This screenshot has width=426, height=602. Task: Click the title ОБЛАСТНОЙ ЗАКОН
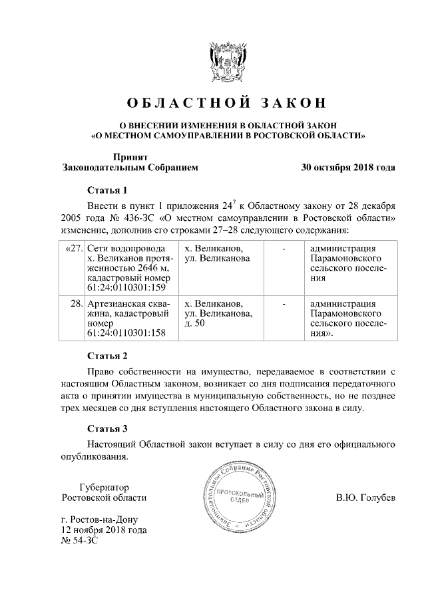click(x=227, y=103)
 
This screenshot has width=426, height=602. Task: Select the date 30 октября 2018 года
click(x=348, y=168)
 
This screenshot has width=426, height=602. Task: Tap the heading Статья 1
click(x=107, y=190)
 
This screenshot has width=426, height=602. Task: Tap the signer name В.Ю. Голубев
click(x=365, y=498)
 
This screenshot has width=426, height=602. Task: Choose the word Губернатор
click(x=104, y=487)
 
